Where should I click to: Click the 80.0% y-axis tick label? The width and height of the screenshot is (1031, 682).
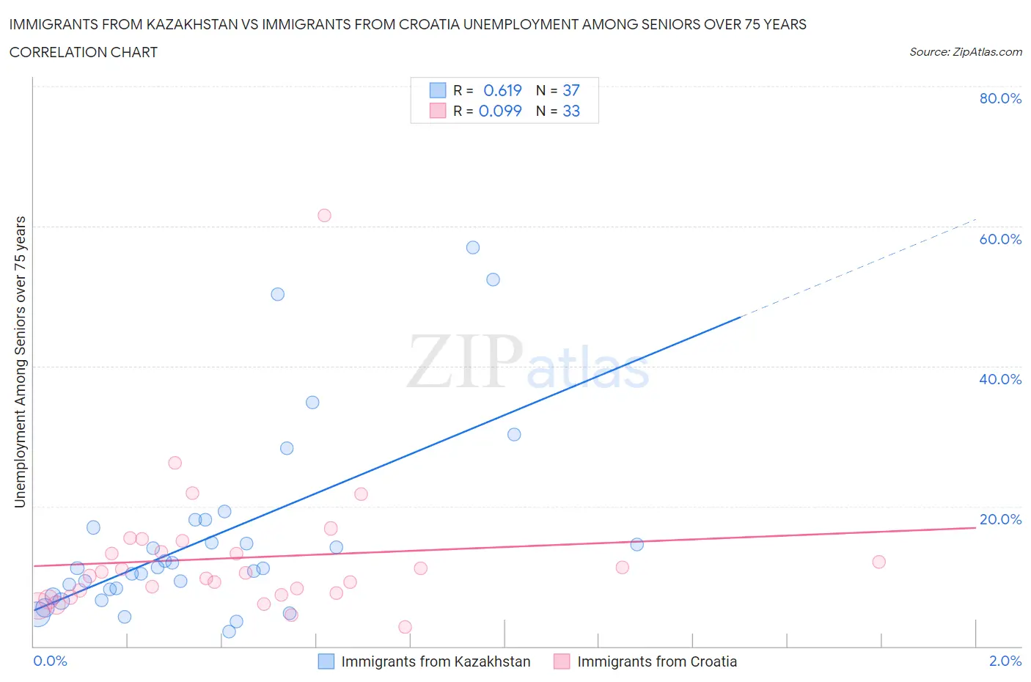1000,98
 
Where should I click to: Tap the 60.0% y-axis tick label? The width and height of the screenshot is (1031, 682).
1000,239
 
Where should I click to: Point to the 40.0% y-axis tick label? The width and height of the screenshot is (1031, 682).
1000,379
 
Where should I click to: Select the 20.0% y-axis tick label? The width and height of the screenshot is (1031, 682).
1000,519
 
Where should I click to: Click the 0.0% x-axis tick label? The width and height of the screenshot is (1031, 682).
50,661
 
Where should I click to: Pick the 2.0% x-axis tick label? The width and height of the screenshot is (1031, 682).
1005,661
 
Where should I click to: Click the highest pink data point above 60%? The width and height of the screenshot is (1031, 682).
324,216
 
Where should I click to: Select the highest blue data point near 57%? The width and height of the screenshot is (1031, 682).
473,248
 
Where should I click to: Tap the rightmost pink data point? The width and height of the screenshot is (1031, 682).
879,562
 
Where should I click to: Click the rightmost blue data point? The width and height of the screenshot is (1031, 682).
637,544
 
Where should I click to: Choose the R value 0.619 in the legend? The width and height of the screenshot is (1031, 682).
502,90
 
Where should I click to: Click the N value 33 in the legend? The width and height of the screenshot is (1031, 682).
571,111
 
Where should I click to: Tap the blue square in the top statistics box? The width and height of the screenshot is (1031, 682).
438,90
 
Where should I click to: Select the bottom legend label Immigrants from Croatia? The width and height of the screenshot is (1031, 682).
657,661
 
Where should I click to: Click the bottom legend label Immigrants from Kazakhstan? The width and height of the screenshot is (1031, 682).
436,661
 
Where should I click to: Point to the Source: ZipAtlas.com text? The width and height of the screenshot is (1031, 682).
965,52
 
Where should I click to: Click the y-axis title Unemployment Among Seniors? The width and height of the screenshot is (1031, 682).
20,362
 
